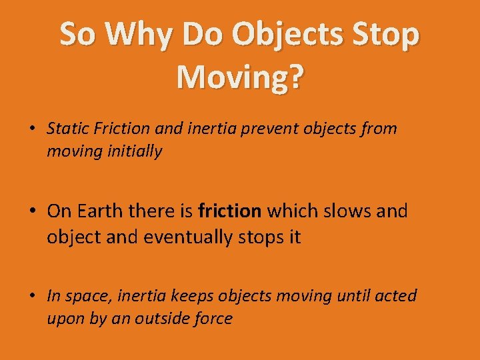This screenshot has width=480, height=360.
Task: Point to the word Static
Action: [x=66, y=129]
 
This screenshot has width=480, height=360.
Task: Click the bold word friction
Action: [x=230, y=211]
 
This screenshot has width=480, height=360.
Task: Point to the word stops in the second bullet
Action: [x=263, y=237]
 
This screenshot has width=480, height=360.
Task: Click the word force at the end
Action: [x=213, y=319]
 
